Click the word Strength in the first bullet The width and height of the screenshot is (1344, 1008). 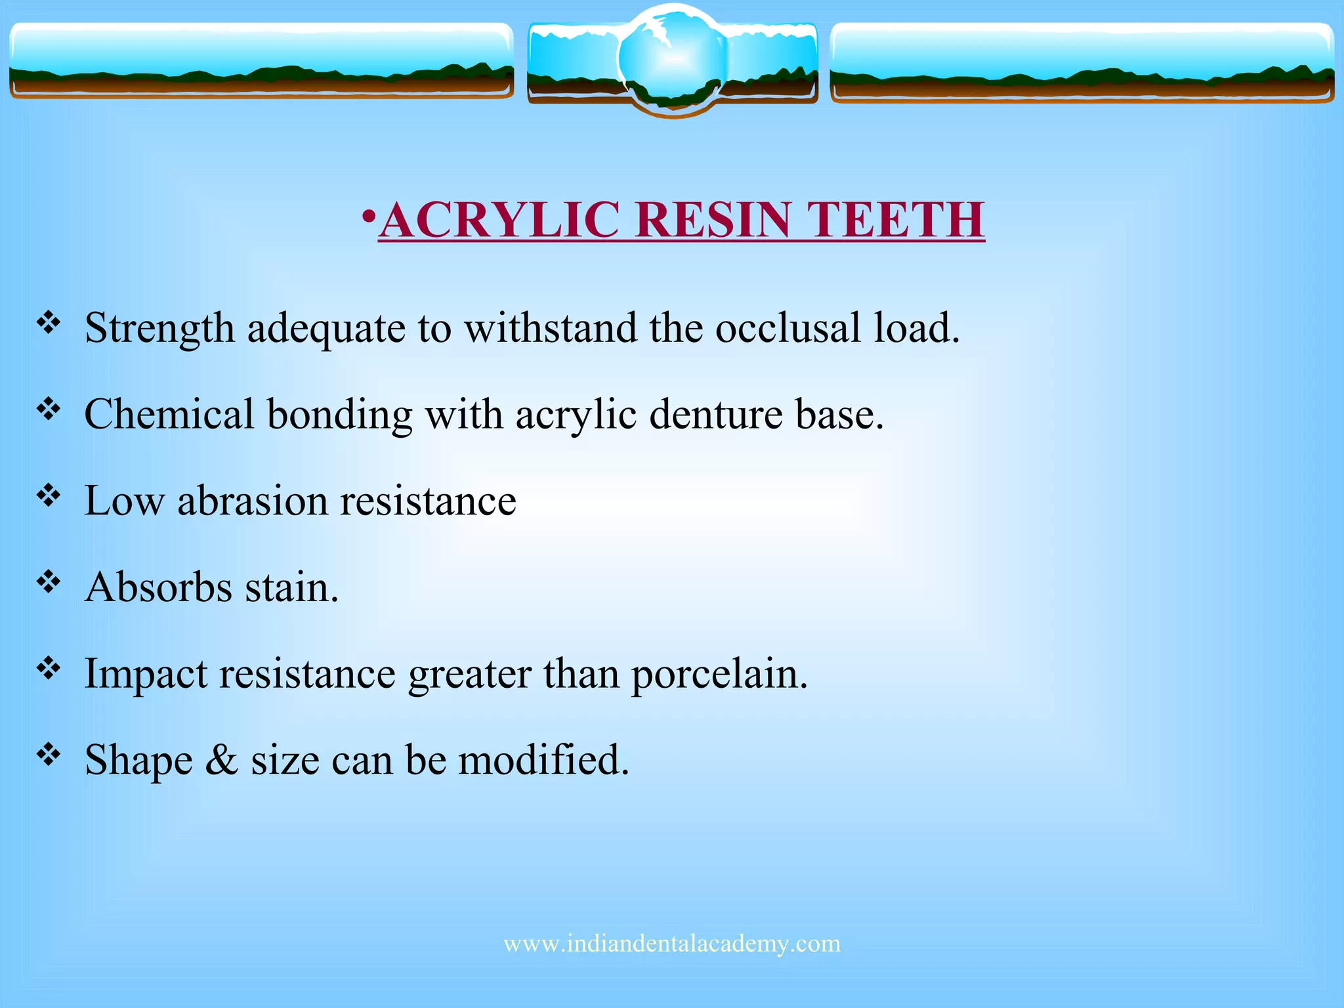point(159,328)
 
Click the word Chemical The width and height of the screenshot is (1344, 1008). point(169,415)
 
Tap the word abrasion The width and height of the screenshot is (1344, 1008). point(252,501)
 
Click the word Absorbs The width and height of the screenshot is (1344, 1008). point(159,587)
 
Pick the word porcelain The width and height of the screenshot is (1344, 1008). point(719,674)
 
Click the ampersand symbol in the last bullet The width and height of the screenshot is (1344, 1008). point(221,760)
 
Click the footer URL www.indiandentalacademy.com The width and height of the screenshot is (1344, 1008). point(672,944)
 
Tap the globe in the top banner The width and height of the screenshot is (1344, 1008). point(672,59)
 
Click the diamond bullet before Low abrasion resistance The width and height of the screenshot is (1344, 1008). point(49,495)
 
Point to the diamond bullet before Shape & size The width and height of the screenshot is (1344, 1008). point(49,755)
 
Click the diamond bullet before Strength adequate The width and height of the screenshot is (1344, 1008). point(49,322)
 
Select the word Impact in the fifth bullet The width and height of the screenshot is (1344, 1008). point(146,674)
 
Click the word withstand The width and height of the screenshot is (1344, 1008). point(551,328)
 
